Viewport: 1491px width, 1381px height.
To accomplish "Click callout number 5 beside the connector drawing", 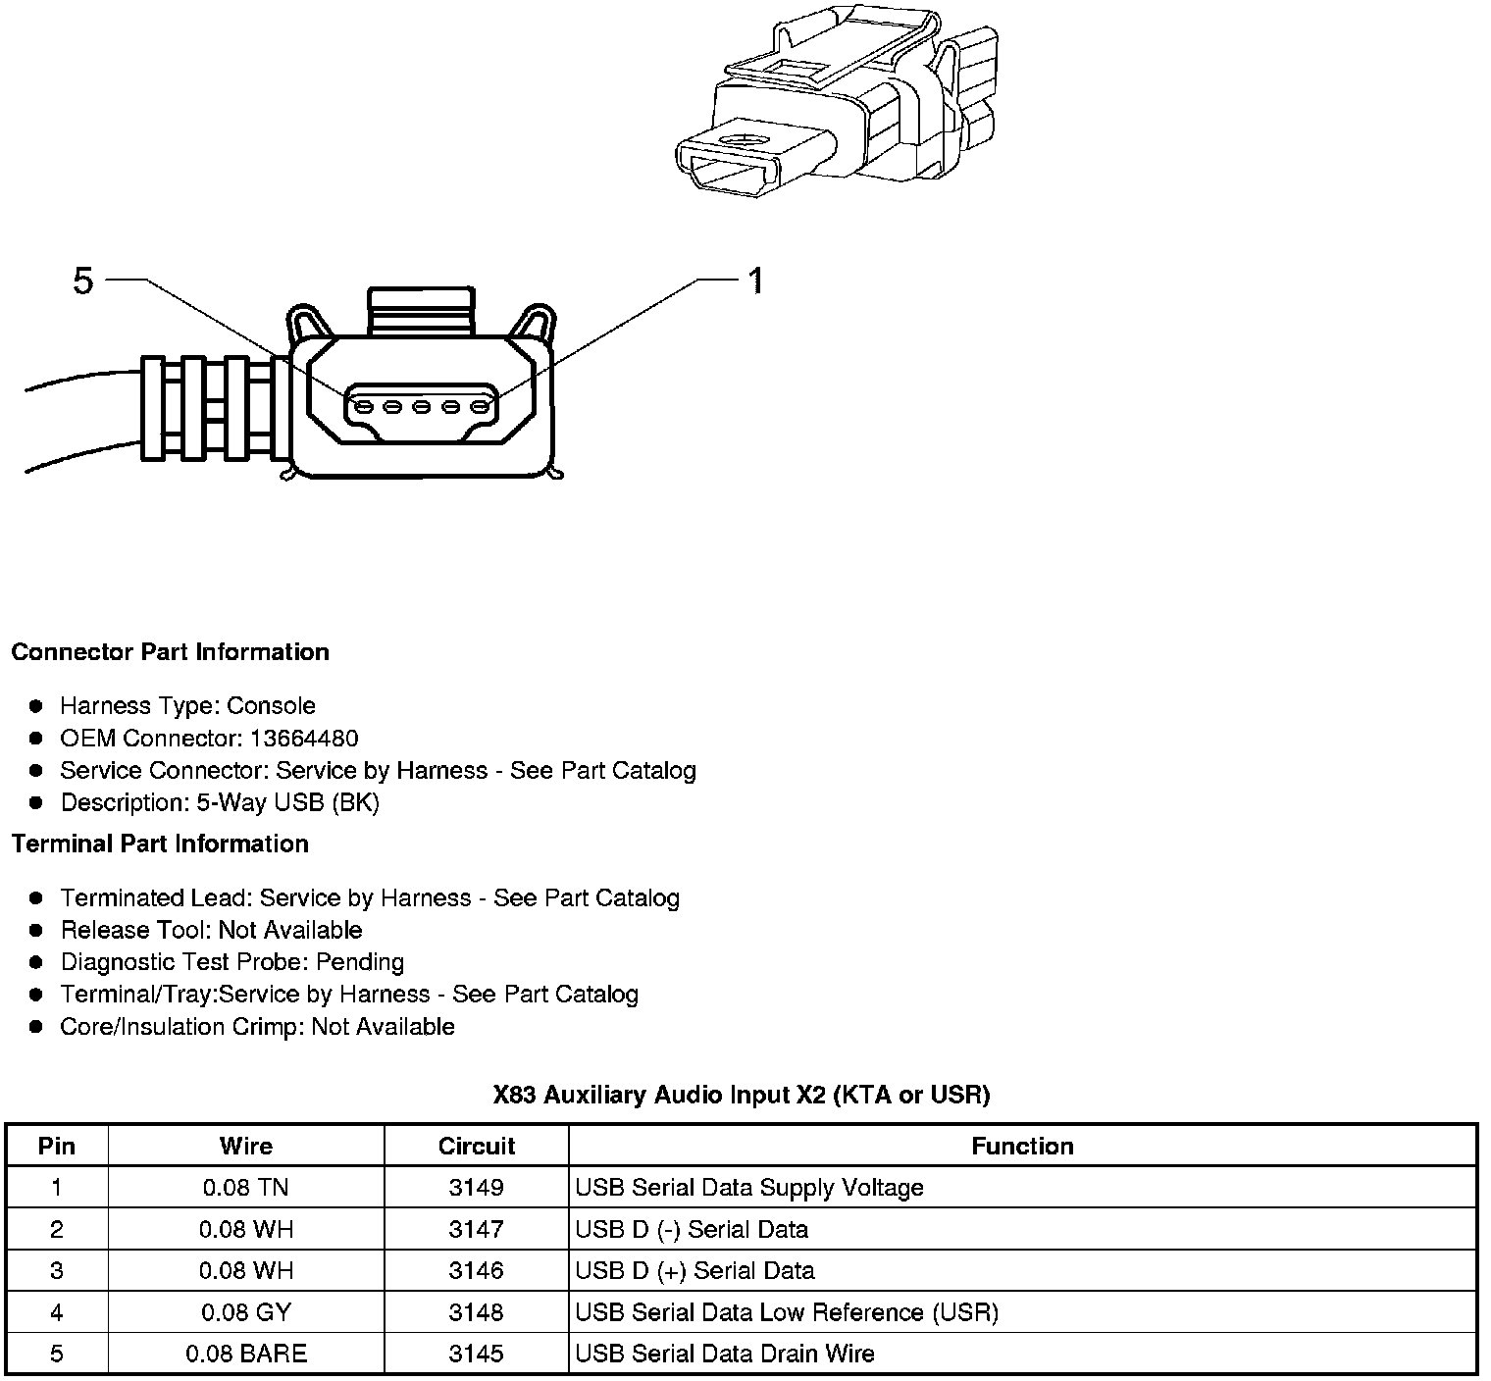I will (83, 281).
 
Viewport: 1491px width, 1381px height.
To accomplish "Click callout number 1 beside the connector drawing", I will (755, 281).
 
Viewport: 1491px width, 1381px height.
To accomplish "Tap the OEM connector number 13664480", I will (304, 739).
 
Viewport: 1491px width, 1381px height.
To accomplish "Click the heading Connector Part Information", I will (170, 652).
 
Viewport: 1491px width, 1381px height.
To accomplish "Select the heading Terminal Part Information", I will (160, 844).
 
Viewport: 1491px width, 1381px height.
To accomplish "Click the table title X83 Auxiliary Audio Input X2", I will (741, 1095).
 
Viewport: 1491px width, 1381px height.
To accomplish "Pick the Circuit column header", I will (476, 1146).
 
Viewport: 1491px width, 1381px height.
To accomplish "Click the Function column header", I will (1022, 1146).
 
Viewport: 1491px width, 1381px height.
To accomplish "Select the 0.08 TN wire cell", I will (245, 1188).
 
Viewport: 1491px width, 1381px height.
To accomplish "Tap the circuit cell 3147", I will (476, 1229).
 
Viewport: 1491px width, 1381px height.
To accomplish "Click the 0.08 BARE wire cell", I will (245, 1354).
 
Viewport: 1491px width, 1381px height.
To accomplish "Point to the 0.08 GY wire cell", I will (245, 1312).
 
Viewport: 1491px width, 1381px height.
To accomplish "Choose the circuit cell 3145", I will (476, 1354).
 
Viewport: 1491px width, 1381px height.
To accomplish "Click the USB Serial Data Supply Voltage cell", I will (749, 1188).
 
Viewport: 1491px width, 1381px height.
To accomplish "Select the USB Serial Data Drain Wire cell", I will (725, 1354).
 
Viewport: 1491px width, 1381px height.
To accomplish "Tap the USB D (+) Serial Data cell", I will (694, 1271).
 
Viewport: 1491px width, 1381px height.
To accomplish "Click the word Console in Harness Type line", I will (271, 706).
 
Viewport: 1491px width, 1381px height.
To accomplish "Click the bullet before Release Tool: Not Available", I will (36, 930).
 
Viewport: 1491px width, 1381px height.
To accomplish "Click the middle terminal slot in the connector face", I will (422, 406).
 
